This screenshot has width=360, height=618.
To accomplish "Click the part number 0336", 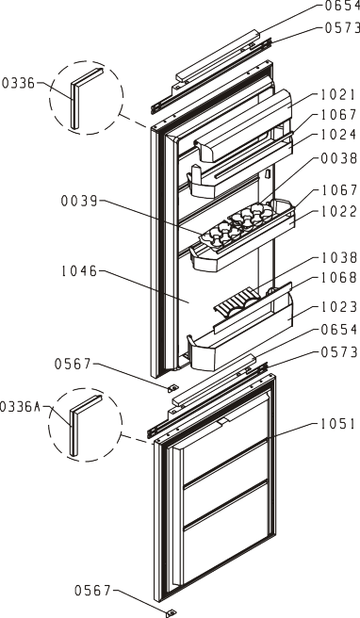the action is tap(19, 83).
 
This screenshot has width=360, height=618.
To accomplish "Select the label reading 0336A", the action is tap(20, 406).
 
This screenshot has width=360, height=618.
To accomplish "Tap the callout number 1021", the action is tap(338, 95).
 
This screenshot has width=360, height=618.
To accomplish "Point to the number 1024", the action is tap(338, 135).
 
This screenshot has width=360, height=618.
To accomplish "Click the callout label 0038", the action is tap(338, 158).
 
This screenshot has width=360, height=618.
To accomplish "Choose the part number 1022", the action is tap(338, 211).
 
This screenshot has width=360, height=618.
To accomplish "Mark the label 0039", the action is tap(79, 201).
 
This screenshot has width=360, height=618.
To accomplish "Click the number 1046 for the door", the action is tap(79, 271).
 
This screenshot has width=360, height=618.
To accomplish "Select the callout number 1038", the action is tap(338, 258).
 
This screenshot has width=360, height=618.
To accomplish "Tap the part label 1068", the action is tap(338, 278).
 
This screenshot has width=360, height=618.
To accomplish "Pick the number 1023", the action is tap(338, 306).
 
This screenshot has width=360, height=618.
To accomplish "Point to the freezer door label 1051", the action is tap(338, 424).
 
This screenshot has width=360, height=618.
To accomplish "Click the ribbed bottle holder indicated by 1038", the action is tap(236, 306).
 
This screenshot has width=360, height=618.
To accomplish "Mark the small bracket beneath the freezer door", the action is tap(172, 613).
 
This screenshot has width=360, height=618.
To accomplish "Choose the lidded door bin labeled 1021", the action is tap(243, 125).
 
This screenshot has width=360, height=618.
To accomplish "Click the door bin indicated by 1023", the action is tap(241, 338).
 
